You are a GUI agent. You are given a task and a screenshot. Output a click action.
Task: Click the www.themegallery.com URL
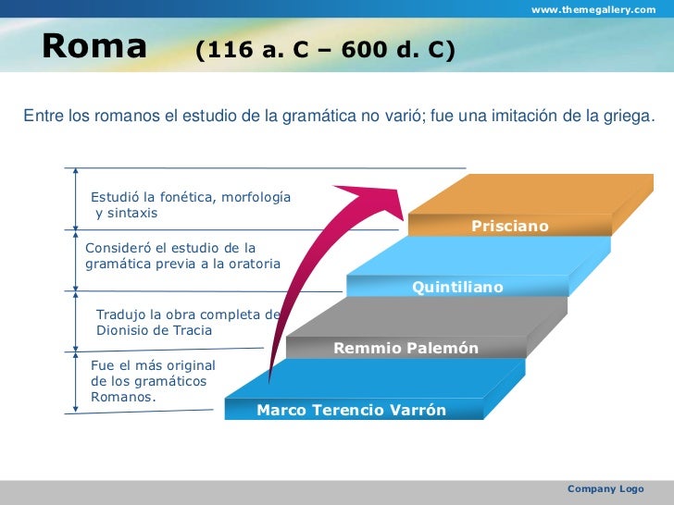[593, 9]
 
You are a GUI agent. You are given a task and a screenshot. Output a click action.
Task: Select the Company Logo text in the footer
[605, 488]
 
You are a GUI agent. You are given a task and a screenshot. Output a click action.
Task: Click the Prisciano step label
[510, 226]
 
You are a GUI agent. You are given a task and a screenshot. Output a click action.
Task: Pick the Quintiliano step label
[457, 288]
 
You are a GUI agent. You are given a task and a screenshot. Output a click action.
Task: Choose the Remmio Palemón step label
[406, 349]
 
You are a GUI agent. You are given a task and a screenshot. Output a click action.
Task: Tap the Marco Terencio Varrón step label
[351, 410]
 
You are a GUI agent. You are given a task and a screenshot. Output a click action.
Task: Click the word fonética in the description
[185, 198]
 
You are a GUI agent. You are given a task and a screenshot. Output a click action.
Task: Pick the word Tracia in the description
[192, 330]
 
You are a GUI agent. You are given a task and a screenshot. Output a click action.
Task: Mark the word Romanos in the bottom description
[122, 397]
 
